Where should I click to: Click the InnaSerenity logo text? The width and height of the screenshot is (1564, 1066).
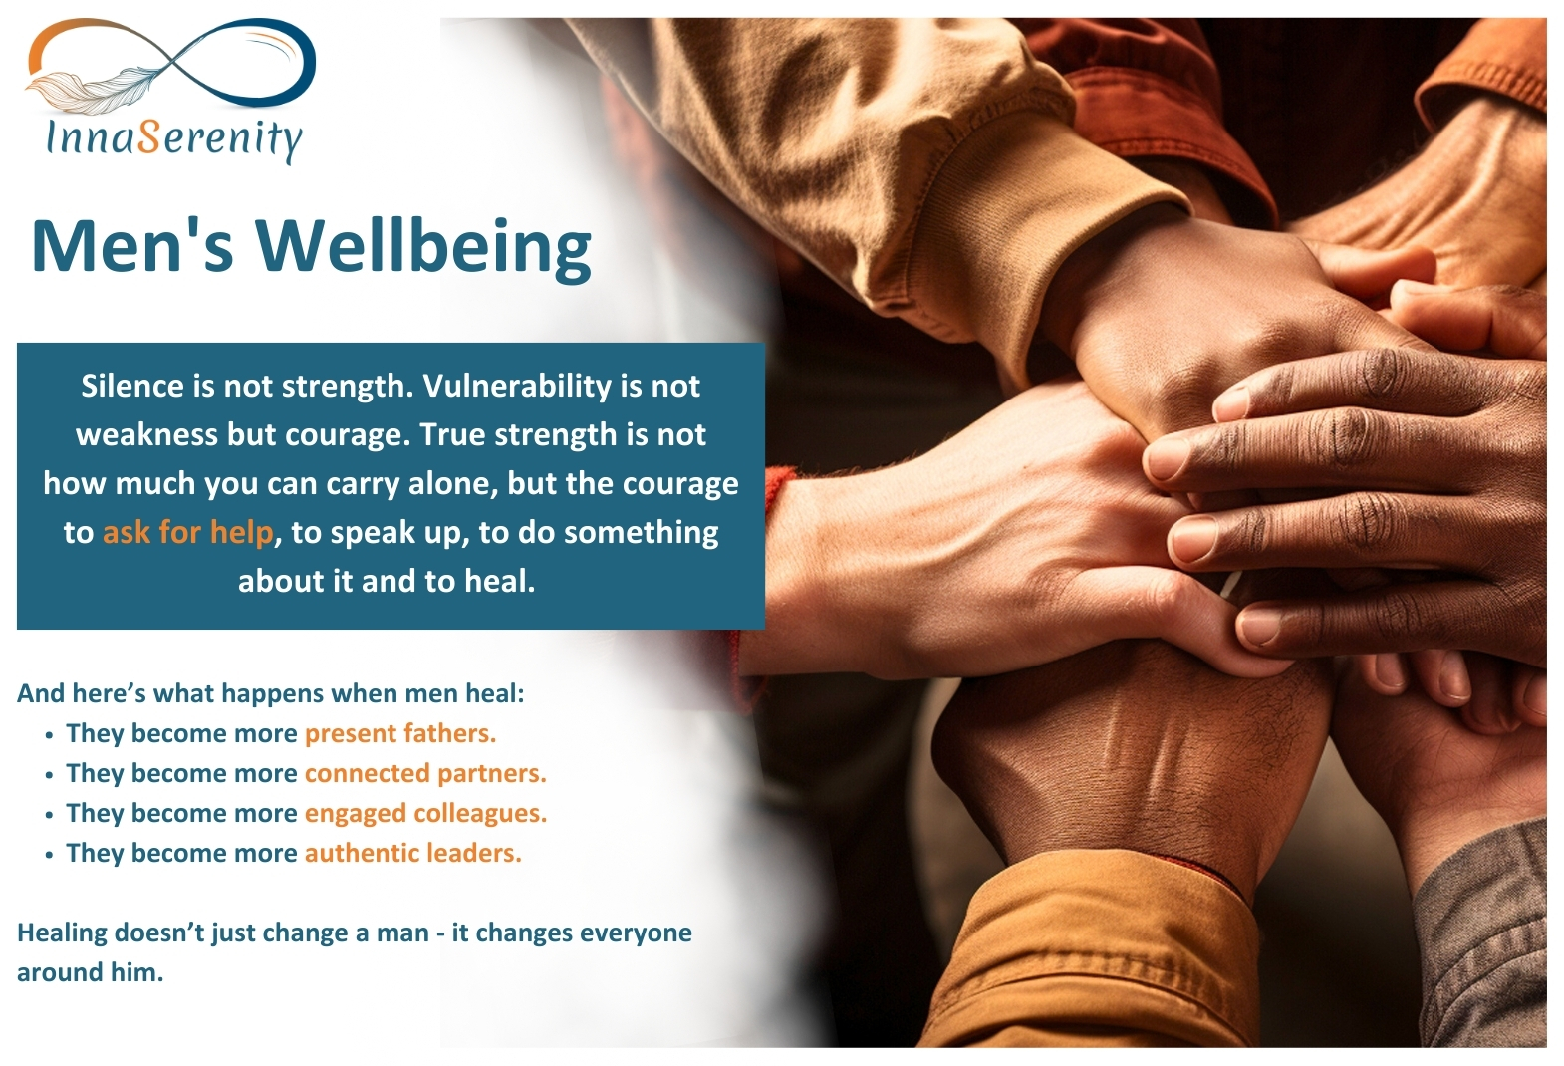pos(174,138)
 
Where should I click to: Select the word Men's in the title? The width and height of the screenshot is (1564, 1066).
pos(131,246)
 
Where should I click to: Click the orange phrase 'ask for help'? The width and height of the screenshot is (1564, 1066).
pos(187,532)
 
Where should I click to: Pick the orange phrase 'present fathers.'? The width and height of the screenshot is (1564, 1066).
pos(399,734)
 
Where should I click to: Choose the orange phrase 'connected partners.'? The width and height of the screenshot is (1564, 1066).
pos(425,774)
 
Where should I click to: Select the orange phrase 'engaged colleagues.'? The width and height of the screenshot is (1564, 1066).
pos(425,814)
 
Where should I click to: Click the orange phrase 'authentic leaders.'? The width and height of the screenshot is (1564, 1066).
pos(412,854)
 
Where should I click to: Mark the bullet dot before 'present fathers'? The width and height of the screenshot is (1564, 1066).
pos(49,736)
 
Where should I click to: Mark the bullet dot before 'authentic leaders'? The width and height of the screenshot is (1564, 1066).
pos(49,856)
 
